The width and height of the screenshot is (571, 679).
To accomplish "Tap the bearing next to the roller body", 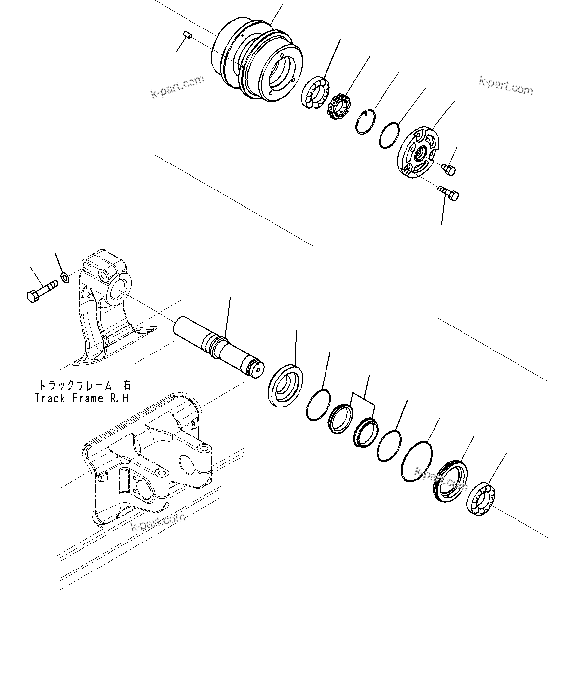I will pyautogui.click(x=313, y=93).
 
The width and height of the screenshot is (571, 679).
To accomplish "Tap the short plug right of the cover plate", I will pyautogui.click(x=449, y=169).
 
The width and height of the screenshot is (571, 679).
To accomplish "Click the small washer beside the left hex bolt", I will pyautogui.click(x=65, y=279).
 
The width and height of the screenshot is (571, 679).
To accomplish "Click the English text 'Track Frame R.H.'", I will pyautogui.click(x=82, y=398).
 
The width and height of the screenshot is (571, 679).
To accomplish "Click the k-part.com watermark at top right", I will pyautogui.click(x=505, y=87).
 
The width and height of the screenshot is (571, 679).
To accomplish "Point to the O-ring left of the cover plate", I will pyautogui.click(x=392, y=135).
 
